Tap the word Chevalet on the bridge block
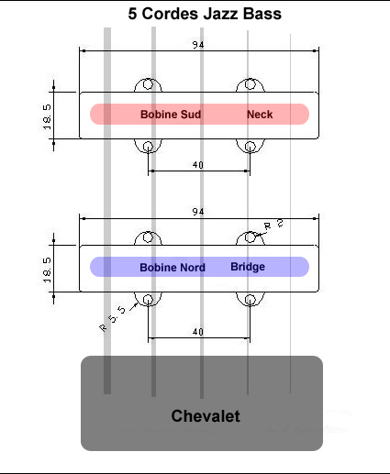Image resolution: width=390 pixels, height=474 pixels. (x=206, y=416)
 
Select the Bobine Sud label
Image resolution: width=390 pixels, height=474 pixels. (x=171, y=115)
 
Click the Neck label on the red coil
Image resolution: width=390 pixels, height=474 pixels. (x=260, y=115)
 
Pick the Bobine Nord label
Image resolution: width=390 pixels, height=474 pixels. (x=173, y=268)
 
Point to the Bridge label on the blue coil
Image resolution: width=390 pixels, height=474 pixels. (x=248, y=267)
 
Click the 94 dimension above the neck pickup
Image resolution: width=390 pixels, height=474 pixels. (x=198, y=45)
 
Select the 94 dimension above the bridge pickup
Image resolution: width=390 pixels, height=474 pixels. (x=198, y=212)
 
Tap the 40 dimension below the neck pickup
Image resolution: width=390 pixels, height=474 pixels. (x=198, y=165)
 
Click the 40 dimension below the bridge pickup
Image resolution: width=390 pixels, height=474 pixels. (x=198, y=332)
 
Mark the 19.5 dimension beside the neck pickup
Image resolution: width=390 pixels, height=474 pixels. (x=47, y=116)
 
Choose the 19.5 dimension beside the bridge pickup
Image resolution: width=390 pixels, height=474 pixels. (x=47, y=270)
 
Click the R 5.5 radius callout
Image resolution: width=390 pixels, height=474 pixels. (x=113, y=319)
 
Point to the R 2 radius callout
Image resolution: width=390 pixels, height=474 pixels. (x=273, y=225)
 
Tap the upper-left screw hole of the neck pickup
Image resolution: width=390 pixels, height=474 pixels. (x=148, y=84)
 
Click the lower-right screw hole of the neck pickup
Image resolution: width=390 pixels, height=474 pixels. (x=251, y=147)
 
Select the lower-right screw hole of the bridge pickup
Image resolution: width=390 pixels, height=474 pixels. (x=251, y=300)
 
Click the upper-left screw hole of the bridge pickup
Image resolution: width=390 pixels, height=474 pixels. (x=148, y=237)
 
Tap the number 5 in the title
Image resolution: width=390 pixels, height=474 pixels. (x=132, y=14)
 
